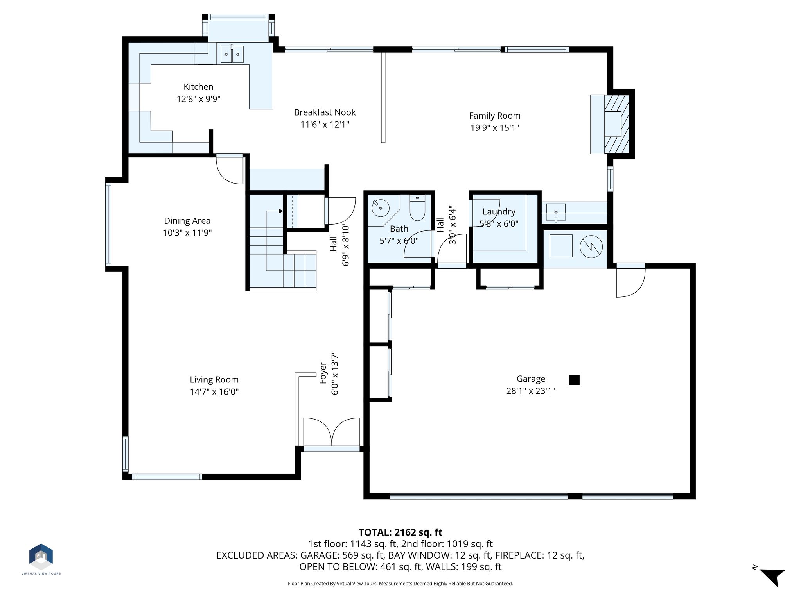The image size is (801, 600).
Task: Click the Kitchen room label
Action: [x=199, y=87]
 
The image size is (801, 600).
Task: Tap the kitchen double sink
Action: [x=232, y=54]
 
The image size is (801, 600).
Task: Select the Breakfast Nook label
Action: [x=325, y=112]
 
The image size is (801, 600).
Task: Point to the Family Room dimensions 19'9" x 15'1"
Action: [x=495, y=128]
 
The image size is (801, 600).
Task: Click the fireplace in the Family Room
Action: [x=612, y=124]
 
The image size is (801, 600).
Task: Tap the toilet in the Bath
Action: [x=417, y=208]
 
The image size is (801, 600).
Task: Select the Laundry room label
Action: [x=499, y=212]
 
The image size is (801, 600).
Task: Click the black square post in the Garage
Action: [x=574, y=380]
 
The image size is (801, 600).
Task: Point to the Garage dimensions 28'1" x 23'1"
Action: [x=531, y=391]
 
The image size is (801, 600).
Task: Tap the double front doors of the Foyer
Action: [x=332, y=432]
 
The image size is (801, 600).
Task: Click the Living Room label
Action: [x=214, y=380]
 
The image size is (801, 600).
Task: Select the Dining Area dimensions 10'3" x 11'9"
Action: [x=187, y=233]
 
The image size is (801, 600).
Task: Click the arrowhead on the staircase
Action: [x=280, y=211]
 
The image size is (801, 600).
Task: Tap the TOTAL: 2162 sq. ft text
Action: [x=400, y=532]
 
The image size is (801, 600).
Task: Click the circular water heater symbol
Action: [x=591, y=246]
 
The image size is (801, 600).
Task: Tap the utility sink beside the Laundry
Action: [x=556, y=213]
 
